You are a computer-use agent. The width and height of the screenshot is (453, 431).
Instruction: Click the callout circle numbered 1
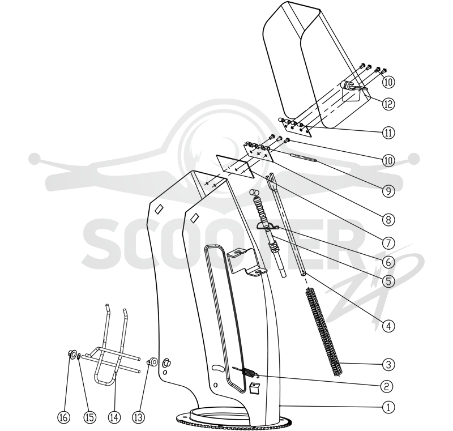click(x=388, y=407)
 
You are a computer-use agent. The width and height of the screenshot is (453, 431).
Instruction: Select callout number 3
click(x=388, y=365)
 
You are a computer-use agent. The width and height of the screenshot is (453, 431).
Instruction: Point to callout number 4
click(x=388, y=326)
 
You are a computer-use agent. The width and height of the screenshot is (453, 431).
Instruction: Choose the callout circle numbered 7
click(x=388, y=243)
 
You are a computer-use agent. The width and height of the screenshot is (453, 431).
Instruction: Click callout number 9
click(x=388, y=191)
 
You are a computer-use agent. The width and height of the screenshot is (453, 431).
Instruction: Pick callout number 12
click(x=388, y=104)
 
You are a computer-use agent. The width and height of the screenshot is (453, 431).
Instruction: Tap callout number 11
click(x=388, y=133)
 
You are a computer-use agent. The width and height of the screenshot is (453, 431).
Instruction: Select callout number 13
click(x=139, y=417)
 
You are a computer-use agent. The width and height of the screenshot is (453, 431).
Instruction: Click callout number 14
click(x=114, y=417)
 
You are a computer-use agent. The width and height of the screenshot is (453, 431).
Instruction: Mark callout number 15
click(x=89, y=417)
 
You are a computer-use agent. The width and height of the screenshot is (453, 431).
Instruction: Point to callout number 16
click(x=64, y=417)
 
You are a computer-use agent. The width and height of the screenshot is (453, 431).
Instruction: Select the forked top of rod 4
click(x=272, y=180)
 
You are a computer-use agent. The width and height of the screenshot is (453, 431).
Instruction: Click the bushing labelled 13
click(x=152, y=362)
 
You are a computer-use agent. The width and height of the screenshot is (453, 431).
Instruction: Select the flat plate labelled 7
click(x=235, y=167)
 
